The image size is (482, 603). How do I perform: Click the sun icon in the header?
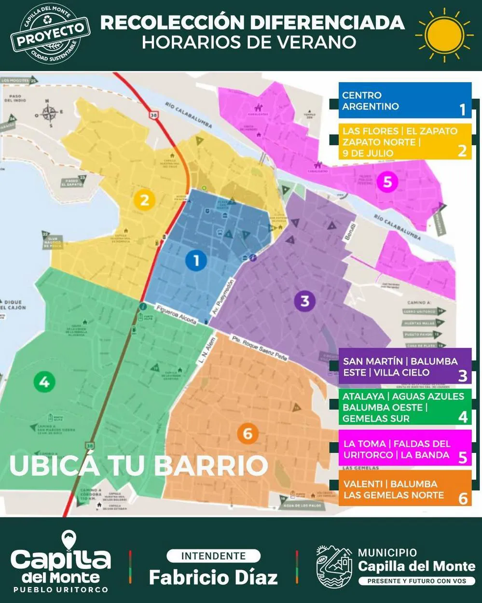tap(444, 35)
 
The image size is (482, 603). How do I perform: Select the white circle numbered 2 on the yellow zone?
tap(144, 199)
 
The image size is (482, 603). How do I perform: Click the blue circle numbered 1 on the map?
tap(196, 261)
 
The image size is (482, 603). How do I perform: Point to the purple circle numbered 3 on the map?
tap(304, 301)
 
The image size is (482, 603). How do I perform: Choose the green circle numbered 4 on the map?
tap(44, 382)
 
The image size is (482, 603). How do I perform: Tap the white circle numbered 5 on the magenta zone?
tap(387, 182)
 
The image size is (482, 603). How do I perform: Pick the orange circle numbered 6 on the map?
tap(248, 433)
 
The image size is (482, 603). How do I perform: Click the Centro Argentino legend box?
tap(404, 101)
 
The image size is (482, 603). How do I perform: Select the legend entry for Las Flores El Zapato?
tap(404, 141)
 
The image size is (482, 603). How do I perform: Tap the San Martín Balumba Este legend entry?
tap(404, 366)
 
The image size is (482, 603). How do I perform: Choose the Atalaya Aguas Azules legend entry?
tap(404, 407)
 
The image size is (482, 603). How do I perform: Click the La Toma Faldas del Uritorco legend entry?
tap(404, 449)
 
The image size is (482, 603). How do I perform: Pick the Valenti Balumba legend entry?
tap(404, 489)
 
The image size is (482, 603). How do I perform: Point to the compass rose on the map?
tap(49, 113)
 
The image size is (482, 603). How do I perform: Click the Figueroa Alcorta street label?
tap(176, 314)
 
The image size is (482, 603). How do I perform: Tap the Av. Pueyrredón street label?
tap(222, 297)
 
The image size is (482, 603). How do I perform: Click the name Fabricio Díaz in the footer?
tap(213, 577)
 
